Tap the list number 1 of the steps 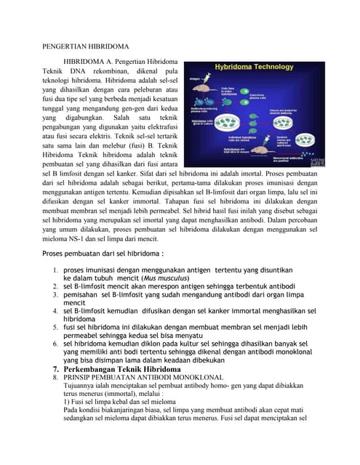pos(55,270)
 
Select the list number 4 pos(55,310)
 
